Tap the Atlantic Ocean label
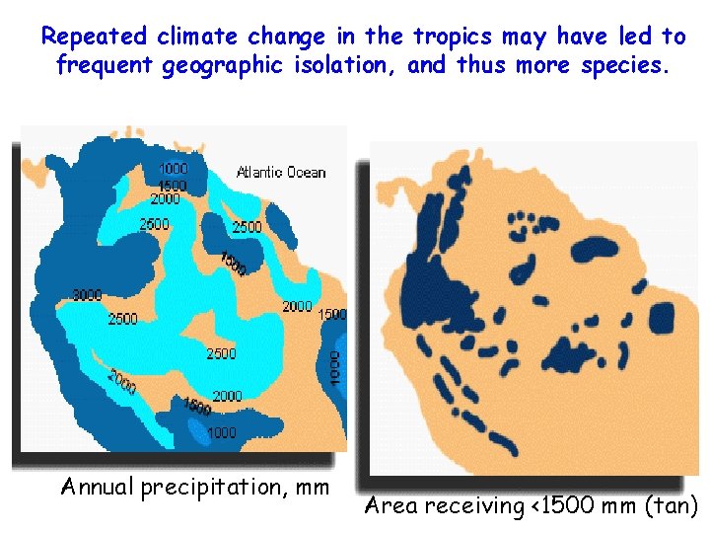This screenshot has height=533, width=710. point(280,173)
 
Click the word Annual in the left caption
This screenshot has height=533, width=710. point(98,487)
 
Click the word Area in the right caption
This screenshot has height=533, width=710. point(390,506)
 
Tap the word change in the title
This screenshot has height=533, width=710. point(290,38)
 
